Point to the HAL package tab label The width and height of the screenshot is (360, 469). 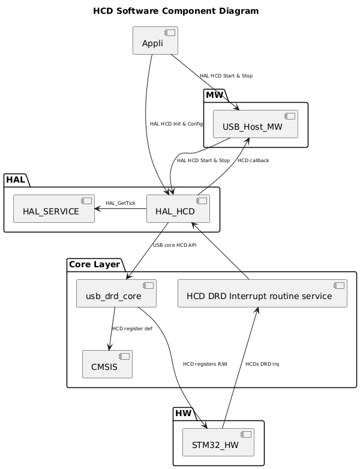[x=16, y=180]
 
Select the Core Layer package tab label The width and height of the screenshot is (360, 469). [x=94, y=265]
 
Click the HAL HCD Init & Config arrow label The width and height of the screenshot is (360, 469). [x=176, y=124]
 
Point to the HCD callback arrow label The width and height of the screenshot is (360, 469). [x=253, y=160]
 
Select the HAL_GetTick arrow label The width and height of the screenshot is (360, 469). [x=120, y=203]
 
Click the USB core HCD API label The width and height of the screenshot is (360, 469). [x=175, y=245]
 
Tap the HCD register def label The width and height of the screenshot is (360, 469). [x=132, y=328]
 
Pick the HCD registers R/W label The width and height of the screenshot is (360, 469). [x=205, y=364]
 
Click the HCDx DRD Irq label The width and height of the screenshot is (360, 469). [x=262, y=364]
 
